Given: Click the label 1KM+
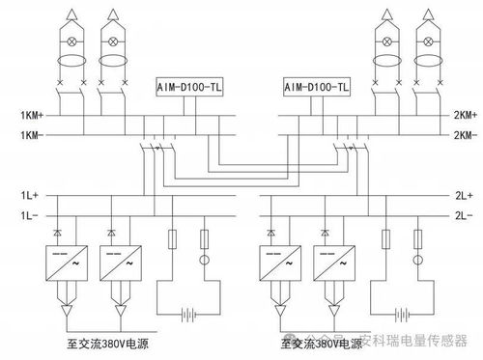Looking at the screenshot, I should pos(33,115).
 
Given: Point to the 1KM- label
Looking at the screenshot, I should pos(33,134).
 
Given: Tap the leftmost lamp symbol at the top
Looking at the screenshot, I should pos(73,42).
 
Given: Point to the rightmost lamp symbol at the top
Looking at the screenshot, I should pos(425,42).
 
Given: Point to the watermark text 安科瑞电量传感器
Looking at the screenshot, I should pos(412,343).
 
